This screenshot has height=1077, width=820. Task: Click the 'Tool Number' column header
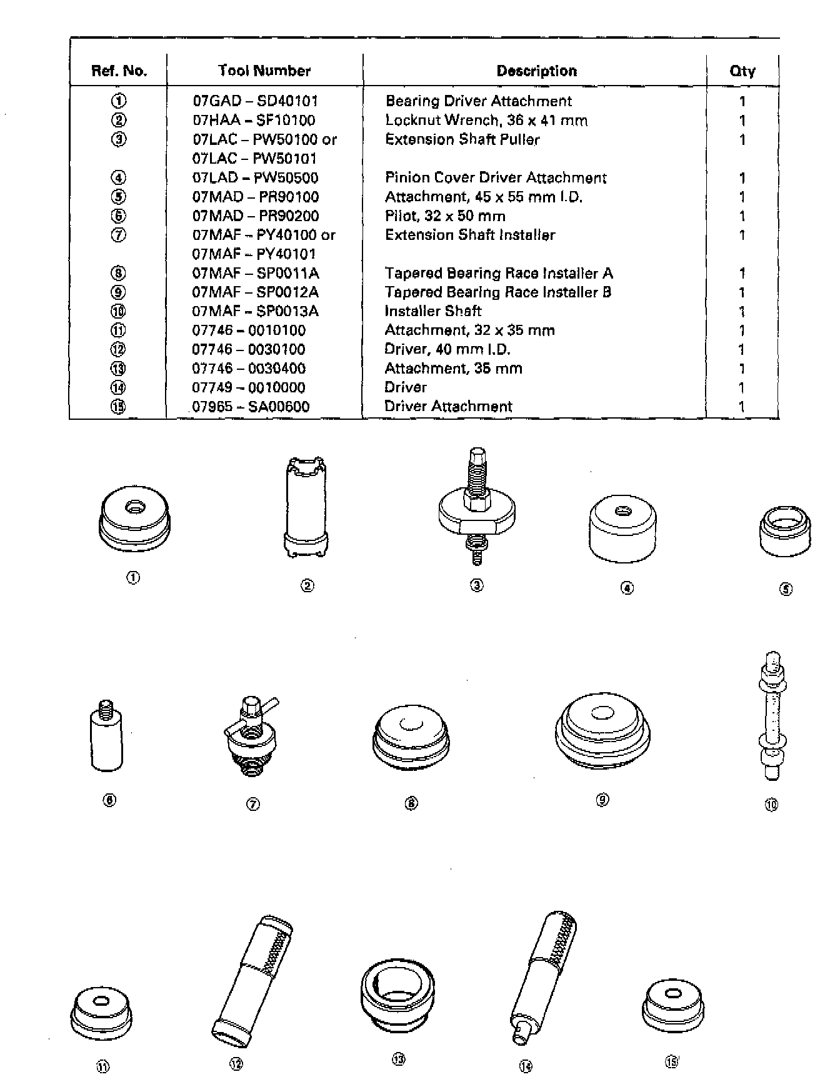pyautogui.click(x=264, y=71)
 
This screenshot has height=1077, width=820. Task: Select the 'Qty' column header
pyautogui.click(x=742, y=71)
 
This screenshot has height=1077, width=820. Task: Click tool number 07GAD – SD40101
pyautogui.click(x=256, y=101)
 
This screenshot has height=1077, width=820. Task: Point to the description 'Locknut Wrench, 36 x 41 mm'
pyautogui.click(x=486, y=120)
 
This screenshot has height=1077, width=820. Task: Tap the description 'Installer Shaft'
pyautogui.click(x=432, y=311)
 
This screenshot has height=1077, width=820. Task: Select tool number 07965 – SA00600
pyautogui.click(x=251, y=407)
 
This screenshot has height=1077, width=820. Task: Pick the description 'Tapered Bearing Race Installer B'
pyautogui.click(x=497, y=292)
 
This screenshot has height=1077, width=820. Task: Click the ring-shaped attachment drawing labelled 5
pyautogui.click(x=786, y=531)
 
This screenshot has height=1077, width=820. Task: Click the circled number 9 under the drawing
pyautogui.click(x=602, y=800)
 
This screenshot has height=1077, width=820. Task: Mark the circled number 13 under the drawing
pyautogui.click(x=398, y=1059)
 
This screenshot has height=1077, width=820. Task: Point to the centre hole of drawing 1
pyautogui.click(x=132, y=508)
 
